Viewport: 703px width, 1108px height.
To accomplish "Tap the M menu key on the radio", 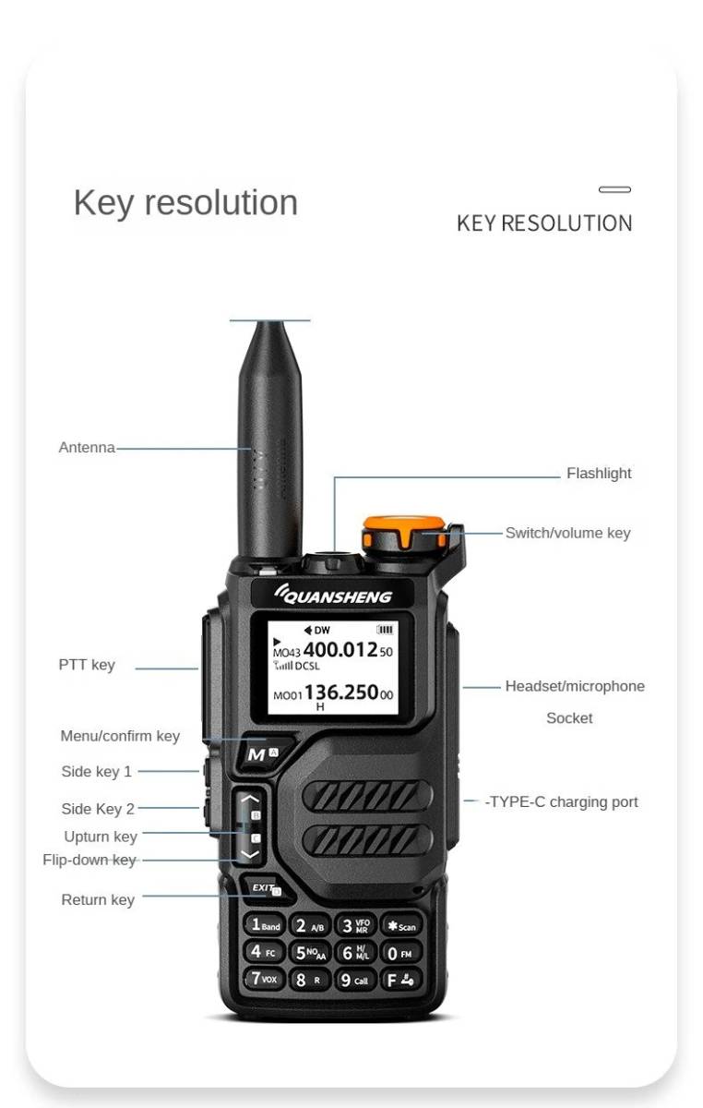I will pos(258,753).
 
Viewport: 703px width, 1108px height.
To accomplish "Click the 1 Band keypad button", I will pos(264,925).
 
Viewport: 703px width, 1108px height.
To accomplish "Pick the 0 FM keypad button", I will pos(400,952).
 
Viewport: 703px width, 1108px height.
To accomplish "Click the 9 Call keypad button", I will pos(354,980).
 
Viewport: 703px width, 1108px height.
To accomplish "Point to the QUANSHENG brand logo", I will pos(333,596).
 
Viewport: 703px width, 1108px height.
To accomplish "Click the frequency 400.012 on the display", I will pos(340,650).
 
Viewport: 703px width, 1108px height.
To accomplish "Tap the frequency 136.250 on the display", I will pos(341,692).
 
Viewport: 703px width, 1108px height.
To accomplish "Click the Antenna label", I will pos(87,448).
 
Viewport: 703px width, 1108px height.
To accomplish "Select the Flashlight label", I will pos(599,474).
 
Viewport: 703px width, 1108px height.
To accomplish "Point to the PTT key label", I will pos(87,665).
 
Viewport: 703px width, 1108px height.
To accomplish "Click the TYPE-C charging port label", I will pos(562,801).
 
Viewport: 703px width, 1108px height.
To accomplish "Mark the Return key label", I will pos(98,900).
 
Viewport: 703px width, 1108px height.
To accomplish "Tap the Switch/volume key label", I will pos(567,533).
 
